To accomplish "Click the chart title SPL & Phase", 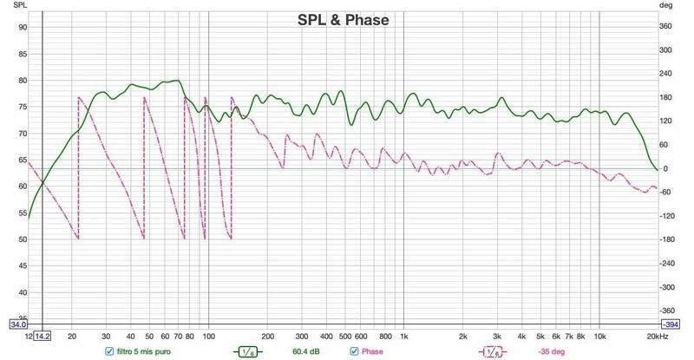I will (344, 19).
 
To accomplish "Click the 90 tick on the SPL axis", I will (23, 27).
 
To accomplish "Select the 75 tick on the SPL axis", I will (23, 107).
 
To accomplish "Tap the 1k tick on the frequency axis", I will (403, 337).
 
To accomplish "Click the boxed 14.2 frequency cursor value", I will (43, 337).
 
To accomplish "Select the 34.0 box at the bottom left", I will (17, 325).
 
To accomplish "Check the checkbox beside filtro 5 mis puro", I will (108, 351).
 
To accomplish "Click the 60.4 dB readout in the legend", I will (295, 351).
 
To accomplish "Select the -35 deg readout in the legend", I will (550, 351).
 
